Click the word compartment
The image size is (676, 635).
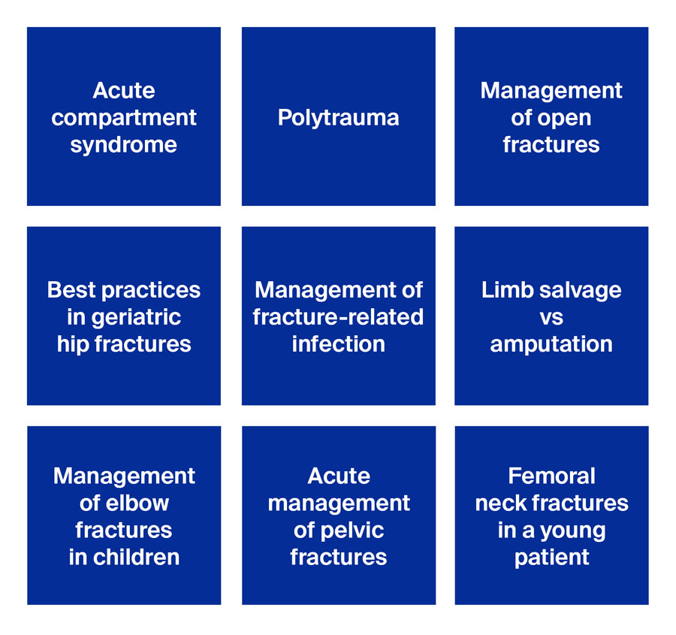click(x=124, y=118)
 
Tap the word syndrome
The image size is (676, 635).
click(x=124, y=145)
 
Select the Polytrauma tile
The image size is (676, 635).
click(x=338, y=117)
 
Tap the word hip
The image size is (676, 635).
click(x=72, y=344)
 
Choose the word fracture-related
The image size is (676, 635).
click(x=338, y=317)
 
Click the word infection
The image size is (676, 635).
click(x=338, y=344)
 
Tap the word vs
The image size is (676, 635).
click(x=551, y=318)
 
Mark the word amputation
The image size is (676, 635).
click(x=551, y=344)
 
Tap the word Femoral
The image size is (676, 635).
click(x=551, y=476)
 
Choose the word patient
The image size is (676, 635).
click(x=551, y=557)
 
